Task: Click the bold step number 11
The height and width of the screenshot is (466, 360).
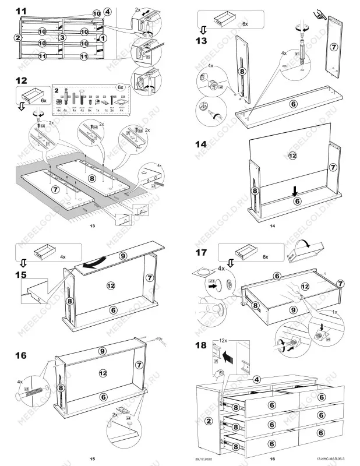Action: click(x=21, y=11)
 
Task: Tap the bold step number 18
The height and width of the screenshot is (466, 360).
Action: click(x=202, y=345)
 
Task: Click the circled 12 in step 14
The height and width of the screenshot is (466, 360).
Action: click(x=292, y=155)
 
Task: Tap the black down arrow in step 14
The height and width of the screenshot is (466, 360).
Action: click(x=296, y=190)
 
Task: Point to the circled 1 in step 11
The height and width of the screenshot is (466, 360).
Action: click(x=103, y=37)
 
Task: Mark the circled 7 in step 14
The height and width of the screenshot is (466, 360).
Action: click(x=332, y=167)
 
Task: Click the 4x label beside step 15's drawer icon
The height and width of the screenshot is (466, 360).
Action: click(x=62, y=256)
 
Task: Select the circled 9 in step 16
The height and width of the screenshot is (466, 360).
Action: click(x=103, y=351)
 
